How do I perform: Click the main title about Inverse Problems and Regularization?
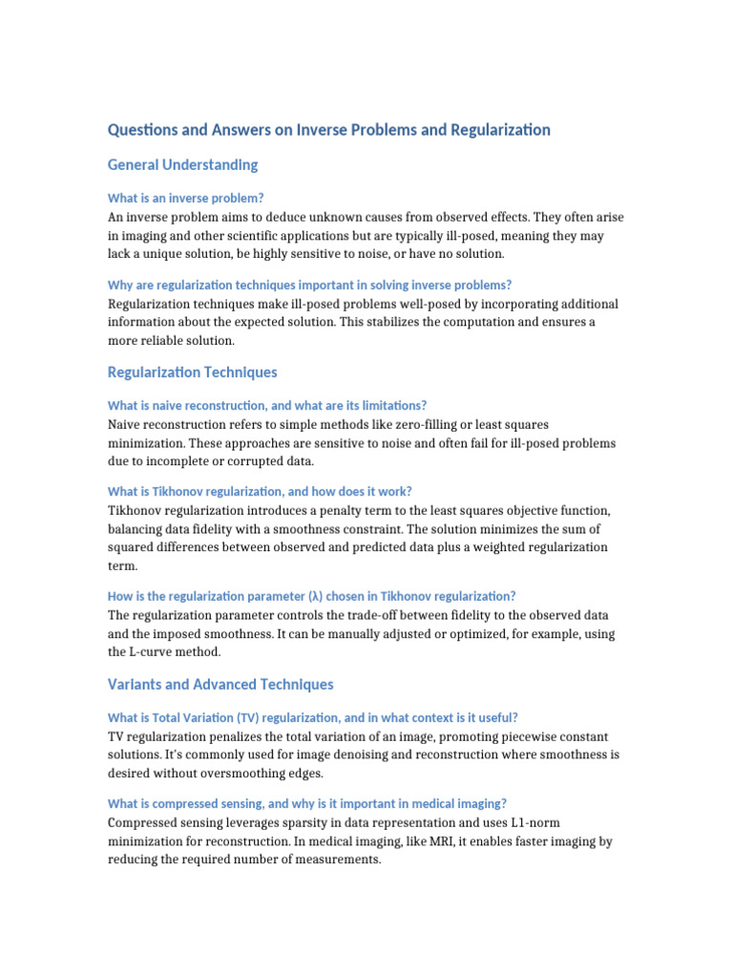pyautogui.click(x=329, y=130)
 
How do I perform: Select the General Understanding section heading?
pyautogui.click(x=183, y=165)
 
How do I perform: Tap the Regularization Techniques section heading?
pyautogui.click(x=193, y=372)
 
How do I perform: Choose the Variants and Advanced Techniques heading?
pyautogui.click(x=220, y=685)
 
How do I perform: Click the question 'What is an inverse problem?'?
pyautogui.click(x=186, y=199)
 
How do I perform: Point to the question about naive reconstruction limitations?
pyautogui.click(x=267, y=406)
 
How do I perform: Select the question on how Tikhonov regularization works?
pyautogui.click(x=260, y=492)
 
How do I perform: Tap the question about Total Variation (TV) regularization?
pyautogui.click(x=313, y=718)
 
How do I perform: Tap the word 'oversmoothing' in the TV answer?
pyautogui.click(x=257, y=774)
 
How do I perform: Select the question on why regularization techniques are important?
pyautogui.click(x=310, y=286)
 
